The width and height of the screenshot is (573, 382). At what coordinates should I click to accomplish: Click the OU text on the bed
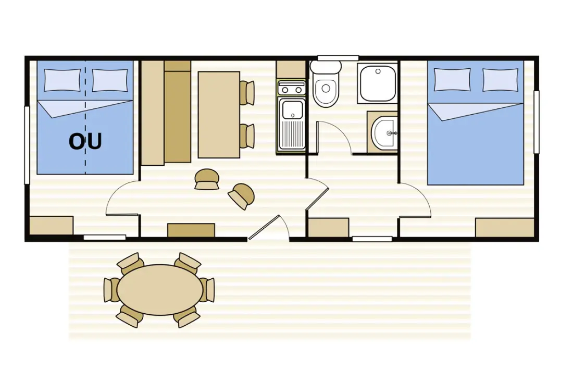85,141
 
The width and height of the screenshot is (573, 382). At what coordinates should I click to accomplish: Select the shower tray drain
378,71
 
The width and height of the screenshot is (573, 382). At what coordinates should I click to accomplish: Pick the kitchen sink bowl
292,109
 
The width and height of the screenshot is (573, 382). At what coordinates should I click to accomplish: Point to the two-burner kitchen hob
291,89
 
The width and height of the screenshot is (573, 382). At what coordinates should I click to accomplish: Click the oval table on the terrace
160,290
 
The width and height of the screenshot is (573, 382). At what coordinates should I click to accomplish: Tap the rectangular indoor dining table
219,115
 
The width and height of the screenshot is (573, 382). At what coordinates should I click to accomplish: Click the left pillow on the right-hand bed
452,79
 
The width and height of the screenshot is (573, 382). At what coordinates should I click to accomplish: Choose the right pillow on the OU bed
109,80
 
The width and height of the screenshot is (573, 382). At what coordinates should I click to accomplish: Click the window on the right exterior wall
537,122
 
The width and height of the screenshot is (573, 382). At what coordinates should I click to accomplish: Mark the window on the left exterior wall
27,145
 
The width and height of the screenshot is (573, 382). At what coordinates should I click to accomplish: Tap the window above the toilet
338,58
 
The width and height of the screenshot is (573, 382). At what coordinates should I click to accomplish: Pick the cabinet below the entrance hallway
329,228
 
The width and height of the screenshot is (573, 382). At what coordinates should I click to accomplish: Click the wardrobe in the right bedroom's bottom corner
505,228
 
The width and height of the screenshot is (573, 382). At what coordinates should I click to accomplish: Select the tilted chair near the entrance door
241,196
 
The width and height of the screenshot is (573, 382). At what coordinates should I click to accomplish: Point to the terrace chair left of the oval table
111,290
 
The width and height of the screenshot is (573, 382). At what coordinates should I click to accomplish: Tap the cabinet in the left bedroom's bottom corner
51,226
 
